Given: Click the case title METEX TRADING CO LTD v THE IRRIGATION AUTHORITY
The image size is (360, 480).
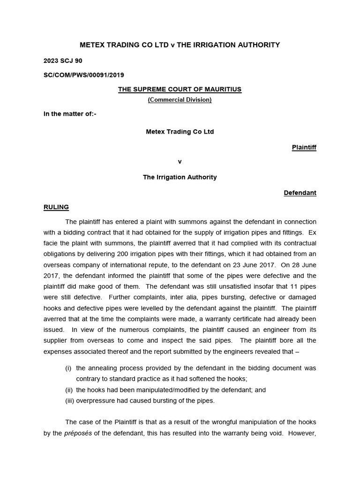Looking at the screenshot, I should tap(180, 45).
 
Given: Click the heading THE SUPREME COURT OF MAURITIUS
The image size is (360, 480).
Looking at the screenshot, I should tap(180, 90).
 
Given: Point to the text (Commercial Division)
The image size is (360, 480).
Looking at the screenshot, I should tap(180, 99).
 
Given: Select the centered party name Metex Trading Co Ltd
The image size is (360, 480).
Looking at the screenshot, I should tap(180, 132).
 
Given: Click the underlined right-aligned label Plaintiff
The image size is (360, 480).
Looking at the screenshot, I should tap(304, 147).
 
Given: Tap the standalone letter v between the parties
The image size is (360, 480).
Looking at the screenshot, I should tap(180, 162).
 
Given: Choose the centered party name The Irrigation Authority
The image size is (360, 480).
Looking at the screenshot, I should tap(180, 177).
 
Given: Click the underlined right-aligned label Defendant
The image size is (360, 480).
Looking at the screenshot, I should tap(300, 193).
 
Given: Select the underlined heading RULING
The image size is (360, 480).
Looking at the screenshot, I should tap(56, 207).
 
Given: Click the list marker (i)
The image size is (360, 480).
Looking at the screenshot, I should tap(68, 368).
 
